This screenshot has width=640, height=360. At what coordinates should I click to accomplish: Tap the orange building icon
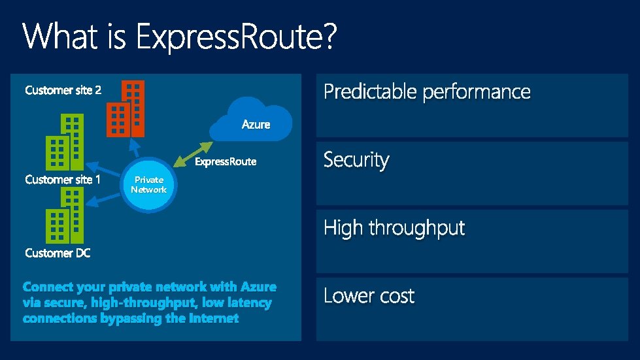pos(125,108)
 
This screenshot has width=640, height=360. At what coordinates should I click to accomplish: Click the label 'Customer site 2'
pos(63,90)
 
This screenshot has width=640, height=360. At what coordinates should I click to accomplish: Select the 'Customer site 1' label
pos(63,179)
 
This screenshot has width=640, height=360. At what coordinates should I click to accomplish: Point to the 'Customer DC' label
pos(58,253)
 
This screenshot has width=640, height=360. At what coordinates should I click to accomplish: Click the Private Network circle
pos(148,186)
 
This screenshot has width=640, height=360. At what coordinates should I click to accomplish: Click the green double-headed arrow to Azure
pos(194,151)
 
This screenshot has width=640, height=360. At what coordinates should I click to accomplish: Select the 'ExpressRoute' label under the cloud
pos(226,161)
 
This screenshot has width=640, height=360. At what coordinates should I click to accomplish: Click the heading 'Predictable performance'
pos(427,92)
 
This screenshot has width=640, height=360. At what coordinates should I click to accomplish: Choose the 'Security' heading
pos(356,160)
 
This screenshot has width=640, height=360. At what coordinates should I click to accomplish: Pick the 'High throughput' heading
pos(394,228)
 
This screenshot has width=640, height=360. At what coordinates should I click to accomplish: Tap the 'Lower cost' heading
pos(369,296)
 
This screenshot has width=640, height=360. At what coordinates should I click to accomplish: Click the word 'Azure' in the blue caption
pos(258,287)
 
